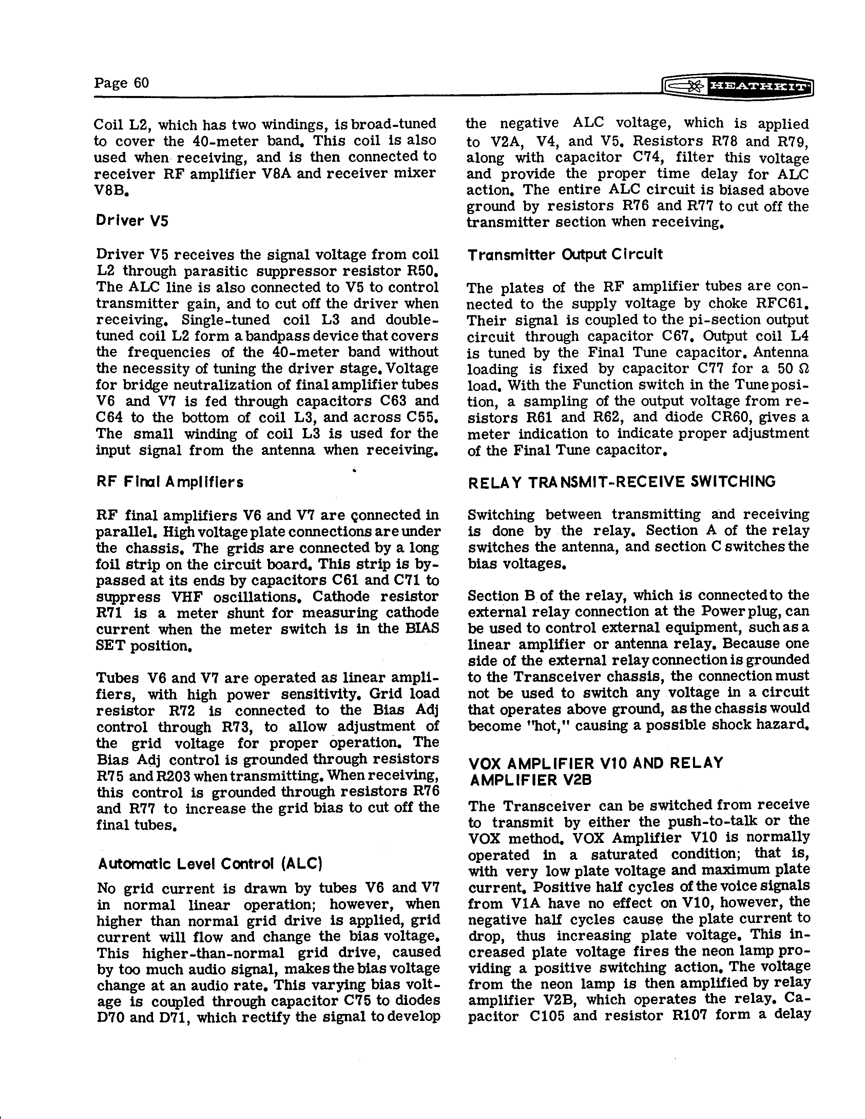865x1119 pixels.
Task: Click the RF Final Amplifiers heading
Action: pyautogui.click(x=170, y=482)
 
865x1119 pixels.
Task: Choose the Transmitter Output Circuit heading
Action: pyautogui.click(x=565, y=254)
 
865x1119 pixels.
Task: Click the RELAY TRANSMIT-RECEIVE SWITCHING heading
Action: pyautogui.click(x=621, y=482)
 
